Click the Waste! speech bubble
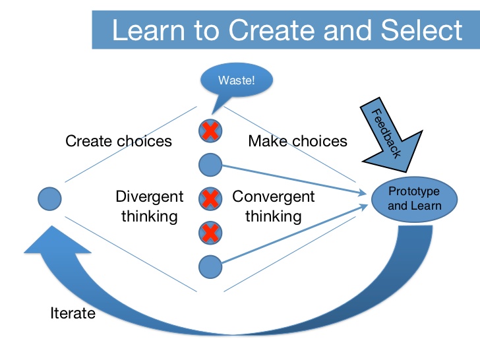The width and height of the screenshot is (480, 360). (236, 80)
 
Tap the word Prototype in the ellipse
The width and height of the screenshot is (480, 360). (414, 192)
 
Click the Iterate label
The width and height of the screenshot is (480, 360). (73, 313)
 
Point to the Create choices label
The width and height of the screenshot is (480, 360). (119, 141)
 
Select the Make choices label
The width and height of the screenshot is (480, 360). (297, 141)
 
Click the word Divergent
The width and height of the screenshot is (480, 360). (150, 197)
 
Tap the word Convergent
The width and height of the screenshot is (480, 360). (274, 197)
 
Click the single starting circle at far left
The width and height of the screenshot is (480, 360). (49, 199)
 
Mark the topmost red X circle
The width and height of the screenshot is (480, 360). (210, 131)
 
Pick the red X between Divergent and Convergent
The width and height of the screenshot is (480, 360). (210, 198)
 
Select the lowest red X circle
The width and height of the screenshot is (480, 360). (210, 233)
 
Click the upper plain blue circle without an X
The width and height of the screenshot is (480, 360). (210, 165)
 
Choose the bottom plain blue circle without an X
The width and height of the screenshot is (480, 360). (210, 266)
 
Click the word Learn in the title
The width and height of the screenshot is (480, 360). (149, 30)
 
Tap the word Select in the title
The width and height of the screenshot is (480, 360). (421, 30)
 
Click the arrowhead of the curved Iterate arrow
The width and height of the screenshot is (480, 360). (57, 239)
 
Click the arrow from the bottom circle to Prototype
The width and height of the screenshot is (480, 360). (295, 234)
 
